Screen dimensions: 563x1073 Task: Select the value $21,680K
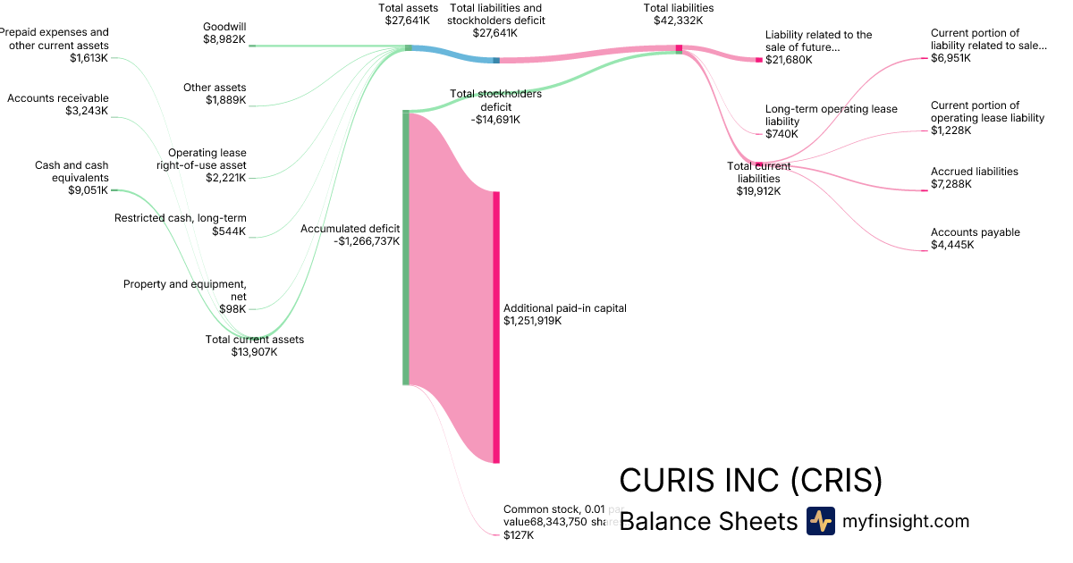pyautogui.click(x=789, y=60)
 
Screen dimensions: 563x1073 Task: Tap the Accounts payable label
pyautogui.click(x=975, y=232)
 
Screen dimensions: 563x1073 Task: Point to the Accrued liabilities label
pyautogui.click(x=974, y=172)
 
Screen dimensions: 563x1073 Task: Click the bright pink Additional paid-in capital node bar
pyautogui.click(x=496, y=327)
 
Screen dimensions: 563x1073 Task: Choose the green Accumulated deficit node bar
pyautogui.click(x=406, y=248)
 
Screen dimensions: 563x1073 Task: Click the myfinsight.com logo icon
pyautogui.click(x=820, y=521)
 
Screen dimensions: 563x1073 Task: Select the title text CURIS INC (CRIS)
pyautogui.click(x=750, y=481)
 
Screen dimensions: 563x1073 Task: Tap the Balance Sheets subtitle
pyautogui.click(x=707, y=521)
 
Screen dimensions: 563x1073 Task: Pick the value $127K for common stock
pyautogui.click(x=519, y=535)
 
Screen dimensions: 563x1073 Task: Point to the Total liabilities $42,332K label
pyautogui.click(x=678, y=13)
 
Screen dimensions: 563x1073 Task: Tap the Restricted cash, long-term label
pyautogui.click(x=181, y=218)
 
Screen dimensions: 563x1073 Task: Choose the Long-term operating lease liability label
pyautogui.click(x=831, y=115)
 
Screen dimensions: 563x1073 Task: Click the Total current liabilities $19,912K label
pyautogui.click(x=758, y=178)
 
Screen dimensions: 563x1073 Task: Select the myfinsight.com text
pyautogui.click(x=906, y=521)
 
